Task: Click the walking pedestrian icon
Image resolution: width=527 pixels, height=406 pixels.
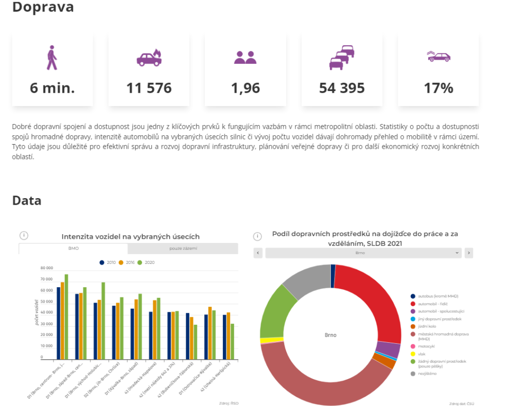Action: tap(52, 58)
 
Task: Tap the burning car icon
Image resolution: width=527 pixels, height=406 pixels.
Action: tap(149, 58)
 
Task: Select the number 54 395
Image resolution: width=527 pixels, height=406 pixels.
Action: tap(342, 88)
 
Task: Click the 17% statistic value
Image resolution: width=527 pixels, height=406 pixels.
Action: tap(438, 88)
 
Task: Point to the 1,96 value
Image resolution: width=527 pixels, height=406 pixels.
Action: tap(245, 88)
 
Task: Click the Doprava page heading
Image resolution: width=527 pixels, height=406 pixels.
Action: tap(43, 7)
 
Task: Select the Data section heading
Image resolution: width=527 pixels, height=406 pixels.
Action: tap(27, 200)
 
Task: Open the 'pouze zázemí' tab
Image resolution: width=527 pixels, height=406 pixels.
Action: tap(183, 249)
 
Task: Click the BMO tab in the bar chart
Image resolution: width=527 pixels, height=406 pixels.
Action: tap(73, 249)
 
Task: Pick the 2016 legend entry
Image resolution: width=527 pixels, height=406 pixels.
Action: tap(129, 262)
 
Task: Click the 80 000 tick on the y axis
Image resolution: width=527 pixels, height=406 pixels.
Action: tap(46, 268)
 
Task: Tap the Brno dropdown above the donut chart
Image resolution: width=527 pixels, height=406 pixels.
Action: tap(363, 253)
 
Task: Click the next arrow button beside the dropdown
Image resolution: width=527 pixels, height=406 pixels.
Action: tap(468, 253)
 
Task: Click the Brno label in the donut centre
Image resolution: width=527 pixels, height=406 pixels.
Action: tap(330, 335)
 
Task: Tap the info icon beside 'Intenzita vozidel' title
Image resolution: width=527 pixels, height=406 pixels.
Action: tap(24, 235)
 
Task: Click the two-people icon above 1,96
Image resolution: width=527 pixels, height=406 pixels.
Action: tap(245, 58)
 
